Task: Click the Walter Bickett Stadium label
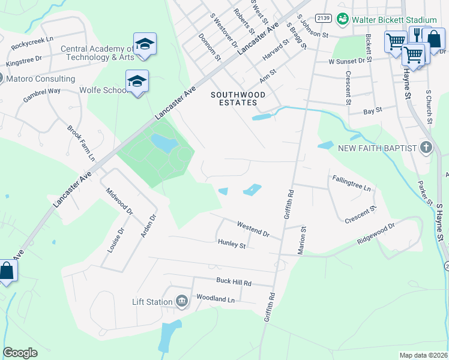(394, 20)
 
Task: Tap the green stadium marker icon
(343, 20)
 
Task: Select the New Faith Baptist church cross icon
(426, 148)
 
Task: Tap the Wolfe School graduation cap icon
(137, 81)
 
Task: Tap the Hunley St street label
(232, 244)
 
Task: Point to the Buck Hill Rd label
(234, 282)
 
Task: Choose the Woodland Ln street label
(215, 299)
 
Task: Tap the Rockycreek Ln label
(37, 44)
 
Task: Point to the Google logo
(20, 353)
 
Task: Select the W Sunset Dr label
(346, 61)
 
